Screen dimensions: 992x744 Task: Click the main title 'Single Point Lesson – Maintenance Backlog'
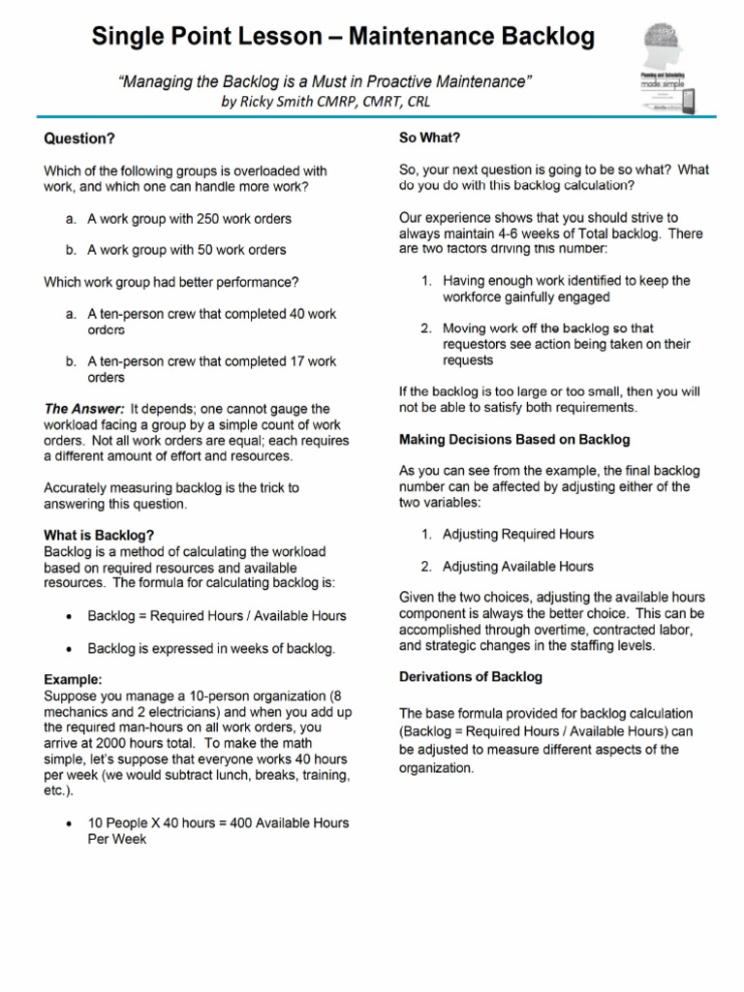[343, 38]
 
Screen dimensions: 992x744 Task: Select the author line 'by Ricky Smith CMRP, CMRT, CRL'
[325, 101]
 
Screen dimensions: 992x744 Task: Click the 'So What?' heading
[430, 138]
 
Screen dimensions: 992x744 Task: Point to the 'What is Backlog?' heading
[99, 535]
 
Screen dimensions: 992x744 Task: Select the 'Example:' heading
[74, 680]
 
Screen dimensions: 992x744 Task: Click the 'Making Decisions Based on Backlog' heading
[514, 439]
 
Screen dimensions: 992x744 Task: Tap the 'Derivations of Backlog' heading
[471, 676]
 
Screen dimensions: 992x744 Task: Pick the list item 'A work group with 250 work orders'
[189, 219]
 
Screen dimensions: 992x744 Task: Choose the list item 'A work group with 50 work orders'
[186, 250]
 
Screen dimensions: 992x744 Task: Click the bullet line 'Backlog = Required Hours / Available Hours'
[216, 615]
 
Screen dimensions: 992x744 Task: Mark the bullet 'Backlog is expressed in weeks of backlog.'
[211, 648]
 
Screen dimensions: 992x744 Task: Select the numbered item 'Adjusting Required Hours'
[517, 534]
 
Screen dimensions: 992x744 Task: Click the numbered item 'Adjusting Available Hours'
[517, 566]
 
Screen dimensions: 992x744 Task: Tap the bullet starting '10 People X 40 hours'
[218, 830]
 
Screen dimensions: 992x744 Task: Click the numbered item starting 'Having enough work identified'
[566, 289]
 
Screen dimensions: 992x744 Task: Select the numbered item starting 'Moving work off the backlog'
[566, 344]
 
